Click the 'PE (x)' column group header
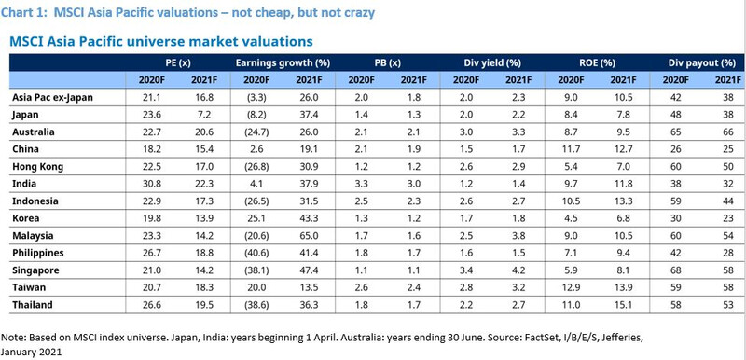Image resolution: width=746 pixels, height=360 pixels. tap(180, 62)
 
